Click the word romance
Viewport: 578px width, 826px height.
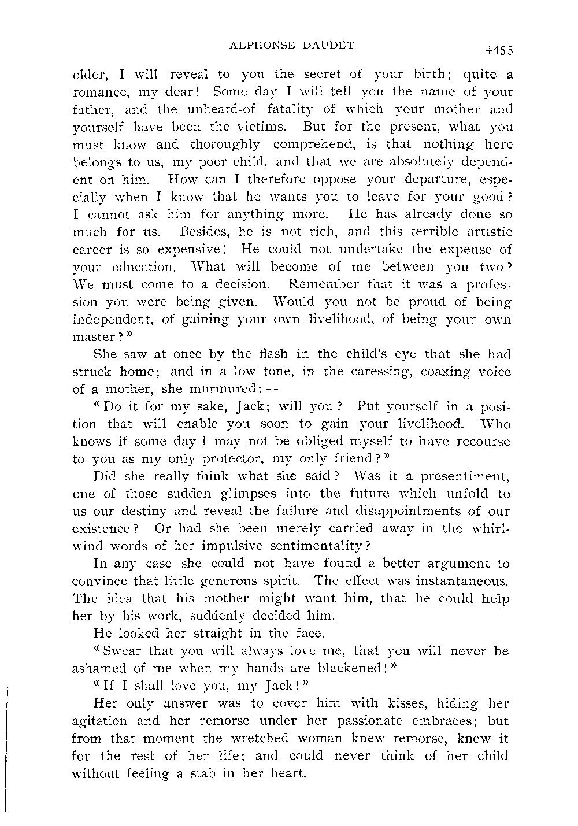(98, 92)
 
